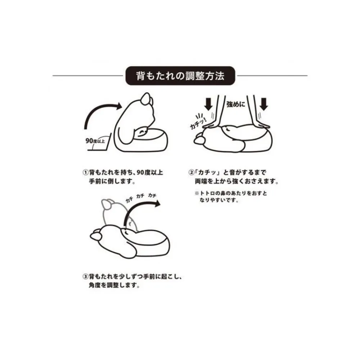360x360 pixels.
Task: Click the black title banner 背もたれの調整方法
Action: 180,76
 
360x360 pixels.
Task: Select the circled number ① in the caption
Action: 85,173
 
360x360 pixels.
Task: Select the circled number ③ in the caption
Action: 85,277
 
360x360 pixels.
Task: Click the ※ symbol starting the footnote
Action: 197,193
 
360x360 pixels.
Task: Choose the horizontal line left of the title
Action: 87,76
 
